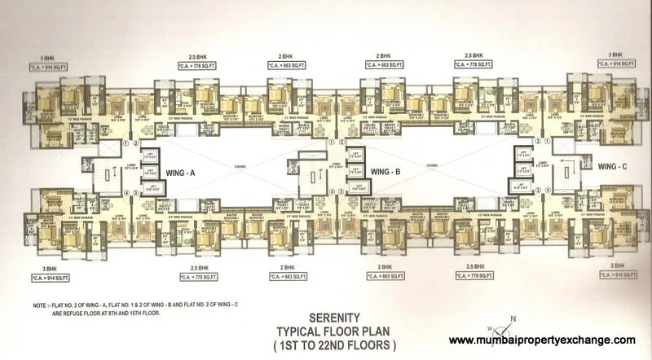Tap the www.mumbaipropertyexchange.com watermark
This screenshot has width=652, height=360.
point(543,340)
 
